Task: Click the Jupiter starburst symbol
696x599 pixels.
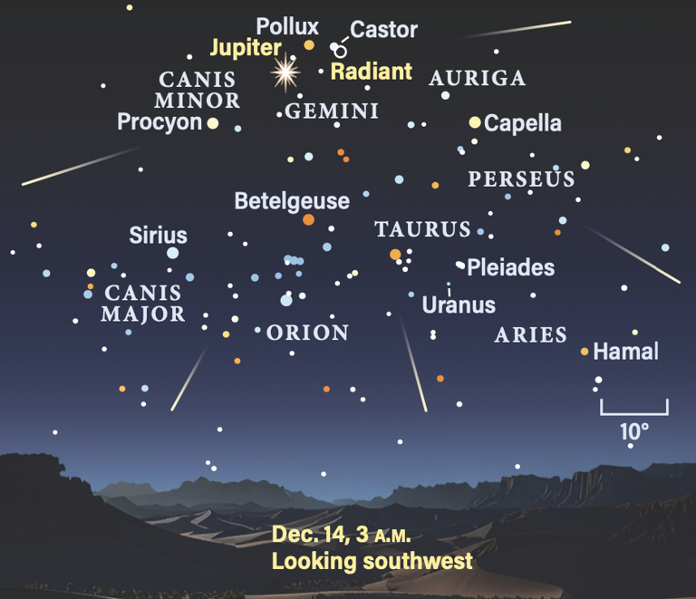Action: [286, 71]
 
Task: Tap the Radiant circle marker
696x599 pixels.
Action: [341, 52]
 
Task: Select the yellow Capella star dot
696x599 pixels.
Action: [474, 121]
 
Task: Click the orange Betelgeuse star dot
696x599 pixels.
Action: [308, 219]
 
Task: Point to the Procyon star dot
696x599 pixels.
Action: [213, 123]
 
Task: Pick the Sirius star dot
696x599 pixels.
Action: [172, 253]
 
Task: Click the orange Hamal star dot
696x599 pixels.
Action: [585, 351]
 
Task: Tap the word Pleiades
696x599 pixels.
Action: [511, 267]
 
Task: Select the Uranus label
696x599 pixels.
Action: [459, 304]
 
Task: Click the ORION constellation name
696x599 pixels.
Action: [308, 333]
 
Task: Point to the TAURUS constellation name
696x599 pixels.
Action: [423, 229]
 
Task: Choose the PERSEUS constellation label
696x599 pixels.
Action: [521, 179]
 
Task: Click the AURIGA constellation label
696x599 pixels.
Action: [478, 78]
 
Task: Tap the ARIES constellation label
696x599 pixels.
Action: [531, 335]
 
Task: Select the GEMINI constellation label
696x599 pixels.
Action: [332, 111]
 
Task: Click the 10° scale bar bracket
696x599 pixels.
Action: [633, 409]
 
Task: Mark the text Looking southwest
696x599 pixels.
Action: [372, 561]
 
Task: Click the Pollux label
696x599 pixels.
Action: [287, 26]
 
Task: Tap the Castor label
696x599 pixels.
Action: [384, 30]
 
